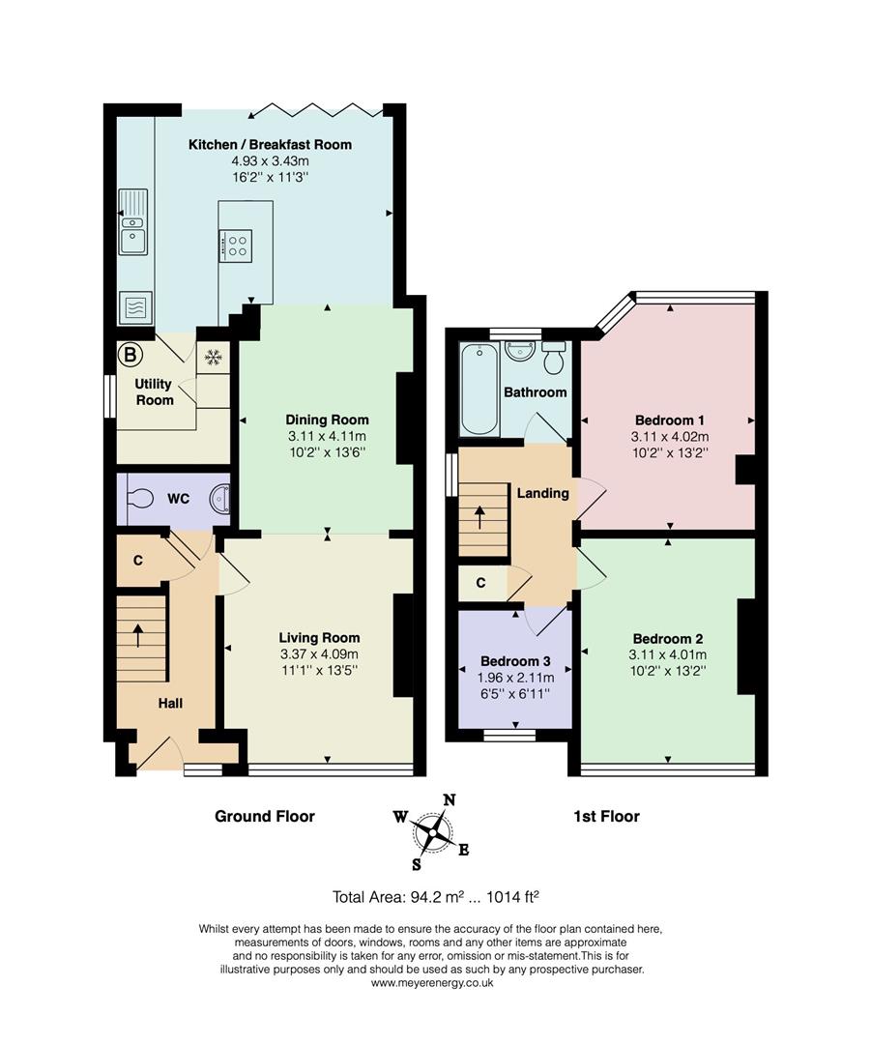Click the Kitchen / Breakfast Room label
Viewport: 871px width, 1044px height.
click(270, 144)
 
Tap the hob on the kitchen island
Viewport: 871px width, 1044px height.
click(236, 245)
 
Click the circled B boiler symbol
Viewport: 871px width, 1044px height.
click(130, 355)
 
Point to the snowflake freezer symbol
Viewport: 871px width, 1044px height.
click(213, 358)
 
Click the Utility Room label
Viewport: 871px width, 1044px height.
click(155, 392)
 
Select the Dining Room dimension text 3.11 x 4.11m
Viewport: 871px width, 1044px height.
click(327, 436)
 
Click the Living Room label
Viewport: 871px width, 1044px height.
click(320, 638)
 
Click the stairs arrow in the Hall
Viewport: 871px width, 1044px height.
click(138, 635)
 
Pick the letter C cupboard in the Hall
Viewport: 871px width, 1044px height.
click(138, 561)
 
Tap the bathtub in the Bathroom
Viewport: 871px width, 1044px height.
click(479, 390)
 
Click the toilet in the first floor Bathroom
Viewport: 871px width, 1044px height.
click(554, 358)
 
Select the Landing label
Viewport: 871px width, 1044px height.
click(542, 493)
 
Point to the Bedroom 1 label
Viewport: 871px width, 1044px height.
click(670, 420)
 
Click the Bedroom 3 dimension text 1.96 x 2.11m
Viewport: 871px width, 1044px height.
click(515, 677)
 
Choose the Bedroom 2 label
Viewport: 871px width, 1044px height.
click(668, 639)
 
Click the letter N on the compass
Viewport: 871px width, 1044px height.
click(450, 800)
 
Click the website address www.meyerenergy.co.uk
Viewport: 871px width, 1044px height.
click(432, 983)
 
